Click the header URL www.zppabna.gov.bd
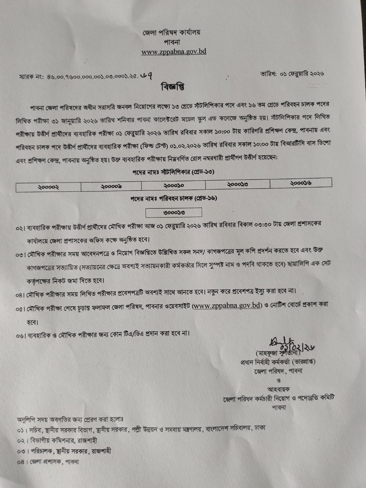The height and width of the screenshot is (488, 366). [x=174, y=52]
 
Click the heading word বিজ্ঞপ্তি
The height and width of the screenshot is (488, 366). [x=173, y=87]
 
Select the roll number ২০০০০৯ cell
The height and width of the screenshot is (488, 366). [x=111, y=186]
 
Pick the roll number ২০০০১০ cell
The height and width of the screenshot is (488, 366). [x=174, y=185]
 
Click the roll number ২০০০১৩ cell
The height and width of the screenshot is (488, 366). [x=238, y=184]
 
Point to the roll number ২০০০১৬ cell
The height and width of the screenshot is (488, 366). [x=301, y=183]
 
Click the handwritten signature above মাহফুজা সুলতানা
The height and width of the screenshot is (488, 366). [x=290, y=344]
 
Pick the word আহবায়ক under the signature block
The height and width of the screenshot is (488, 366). [x=278, y=389]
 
